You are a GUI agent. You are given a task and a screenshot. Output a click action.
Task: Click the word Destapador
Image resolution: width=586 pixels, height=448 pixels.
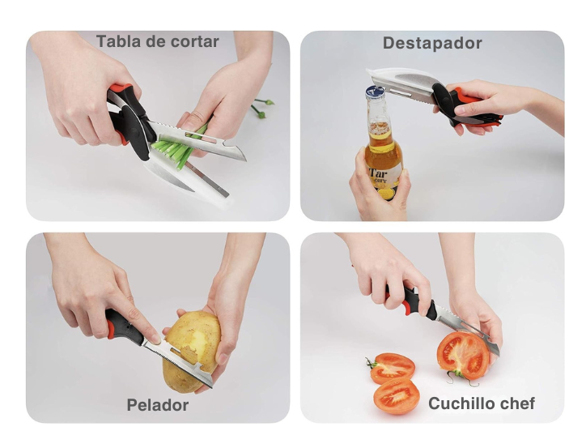coord(432,43)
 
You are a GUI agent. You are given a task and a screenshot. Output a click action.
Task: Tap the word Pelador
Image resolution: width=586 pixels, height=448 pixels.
coord(158,405)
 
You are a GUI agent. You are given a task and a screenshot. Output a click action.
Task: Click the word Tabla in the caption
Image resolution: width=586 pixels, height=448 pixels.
coord(118,41)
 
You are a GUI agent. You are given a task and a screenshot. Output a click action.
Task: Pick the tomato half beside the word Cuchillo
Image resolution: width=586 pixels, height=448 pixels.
coord(397,395)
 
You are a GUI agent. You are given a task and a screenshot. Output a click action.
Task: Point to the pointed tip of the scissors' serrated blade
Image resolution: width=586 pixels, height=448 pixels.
coord(244,160)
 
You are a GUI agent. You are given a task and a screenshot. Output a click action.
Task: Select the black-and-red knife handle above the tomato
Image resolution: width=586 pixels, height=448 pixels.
coord(411,301)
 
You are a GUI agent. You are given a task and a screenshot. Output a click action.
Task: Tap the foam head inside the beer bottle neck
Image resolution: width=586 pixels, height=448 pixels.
coord(380,127)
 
